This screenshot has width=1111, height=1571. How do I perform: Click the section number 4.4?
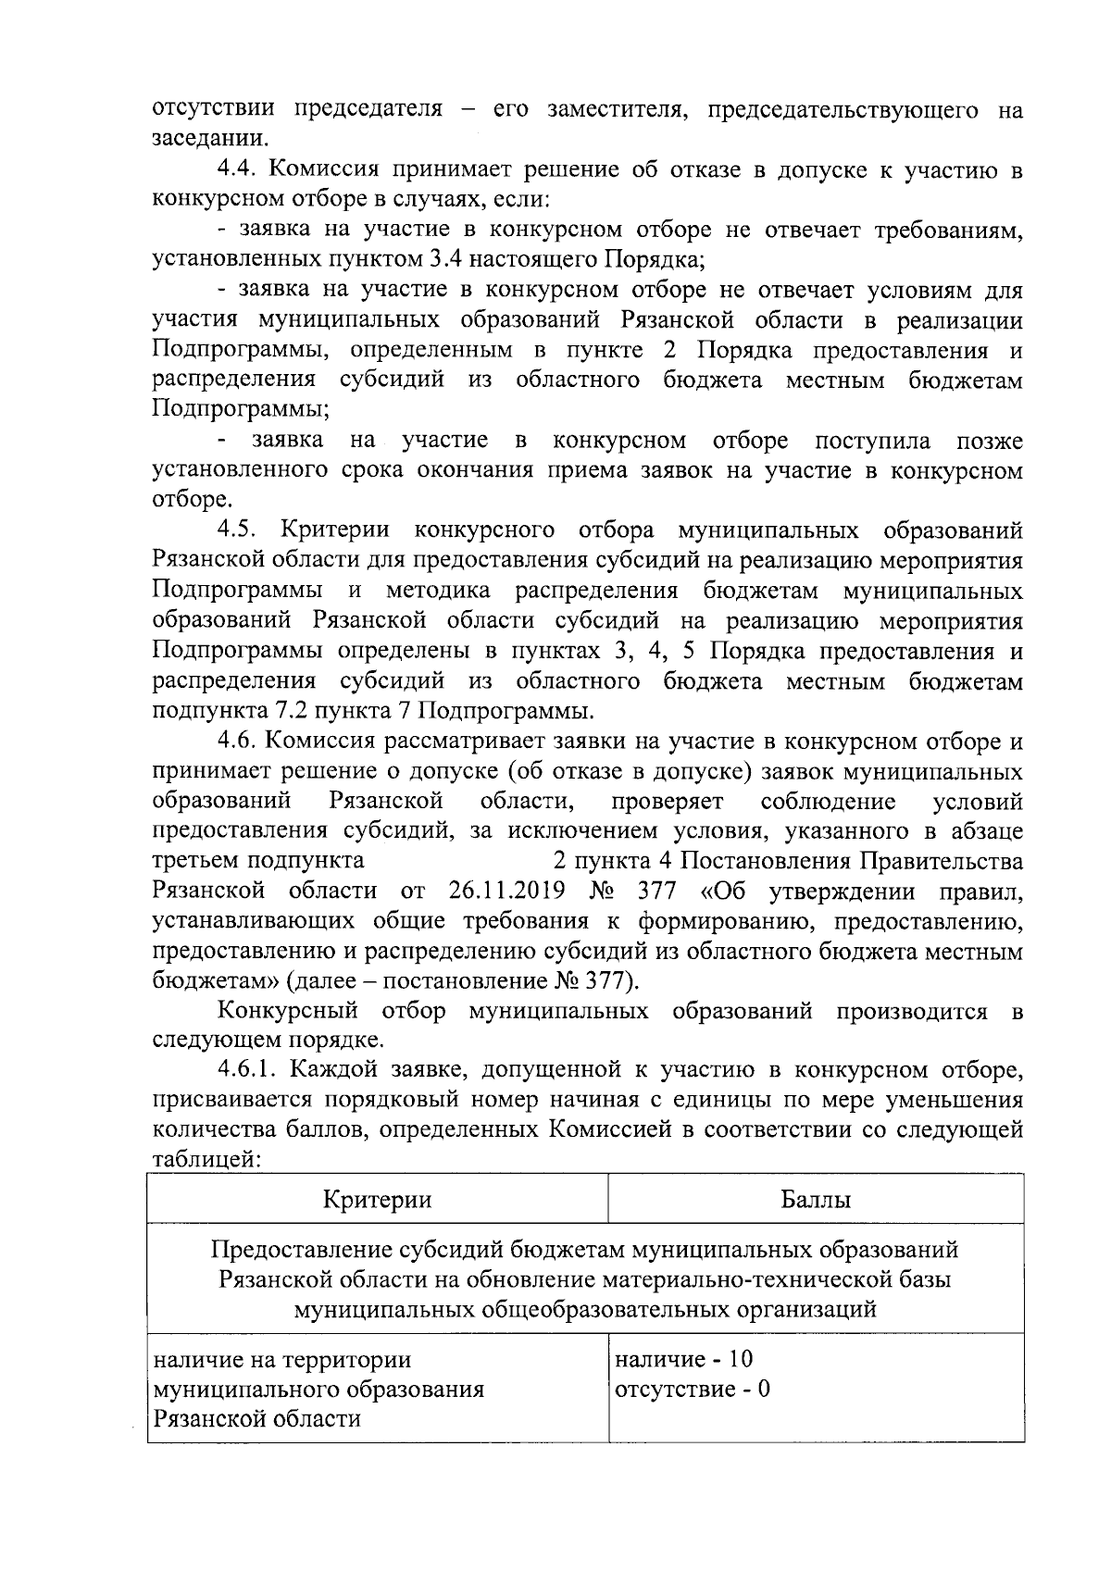[x=239, y=170]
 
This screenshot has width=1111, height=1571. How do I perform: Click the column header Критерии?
[x=377, y=1200]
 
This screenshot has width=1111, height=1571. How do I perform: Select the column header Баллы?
[x=816, y=1200]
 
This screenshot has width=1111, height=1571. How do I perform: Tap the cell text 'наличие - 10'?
[x=683, y=1359]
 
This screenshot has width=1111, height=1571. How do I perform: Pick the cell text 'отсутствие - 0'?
[x=692, y=1389]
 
